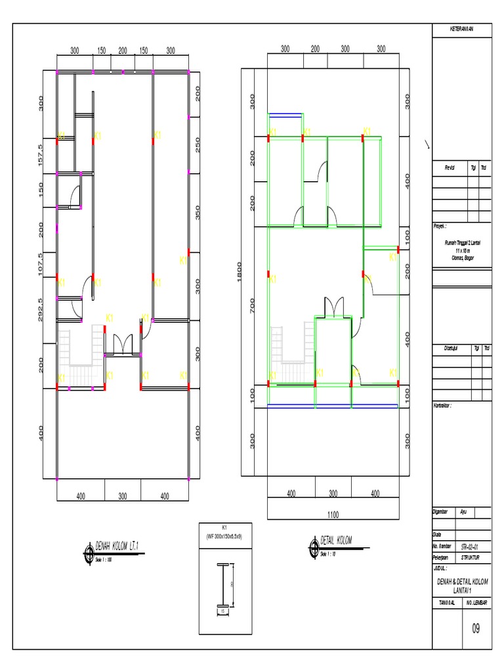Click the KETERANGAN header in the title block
461,29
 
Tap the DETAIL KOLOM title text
336,540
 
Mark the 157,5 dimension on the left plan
41,156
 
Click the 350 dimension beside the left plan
198,214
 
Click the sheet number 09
476,628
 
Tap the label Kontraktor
444,406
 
